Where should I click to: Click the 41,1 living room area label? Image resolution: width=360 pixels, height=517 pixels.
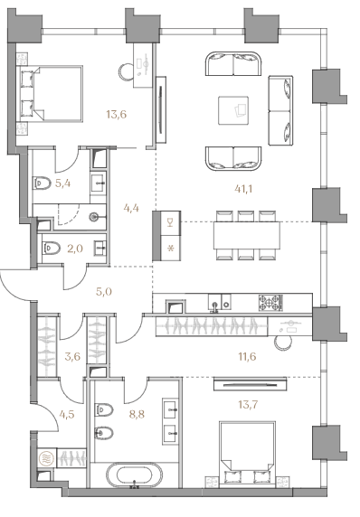pos(245,189)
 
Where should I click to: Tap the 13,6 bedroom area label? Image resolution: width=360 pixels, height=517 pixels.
pos(116,115)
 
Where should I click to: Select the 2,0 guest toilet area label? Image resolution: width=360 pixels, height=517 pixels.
pos(75,249)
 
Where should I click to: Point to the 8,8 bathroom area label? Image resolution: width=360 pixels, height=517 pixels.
pos(137,414)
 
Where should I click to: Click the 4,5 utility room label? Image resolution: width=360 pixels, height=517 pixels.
pos(67,414)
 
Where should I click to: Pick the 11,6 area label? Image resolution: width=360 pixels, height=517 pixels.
pos(247,356)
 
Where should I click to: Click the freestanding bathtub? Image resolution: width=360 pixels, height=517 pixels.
pos(134,475)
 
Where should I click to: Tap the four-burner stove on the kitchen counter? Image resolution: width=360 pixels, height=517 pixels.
pos(271,303)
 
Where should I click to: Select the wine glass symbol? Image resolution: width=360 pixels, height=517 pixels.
pos(170,223)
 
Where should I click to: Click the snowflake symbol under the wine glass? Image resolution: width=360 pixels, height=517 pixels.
pos(171,248)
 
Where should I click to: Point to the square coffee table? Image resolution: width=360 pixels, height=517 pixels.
pos(233,110)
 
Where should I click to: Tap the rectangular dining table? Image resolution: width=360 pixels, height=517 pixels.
pos(247,235)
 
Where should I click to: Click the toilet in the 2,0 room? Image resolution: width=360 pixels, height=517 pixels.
pos(52,248)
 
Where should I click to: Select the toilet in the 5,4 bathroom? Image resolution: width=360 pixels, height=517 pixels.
pos(42,183)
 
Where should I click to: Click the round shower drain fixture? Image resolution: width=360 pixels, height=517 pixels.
pos(95,217)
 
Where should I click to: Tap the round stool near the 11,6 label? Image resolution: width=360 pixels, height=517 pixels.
pos(283,343)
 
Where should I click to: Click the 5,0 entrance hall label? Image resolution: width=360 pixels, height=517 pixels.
pos(104,291)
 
